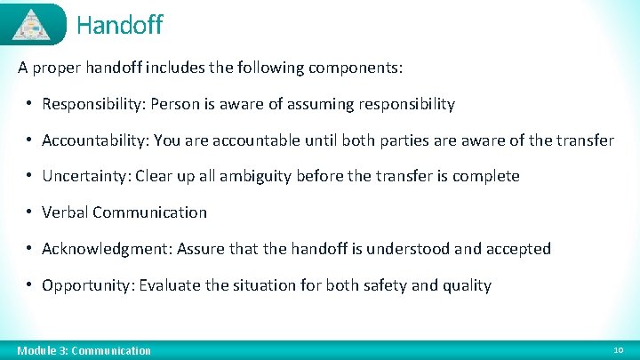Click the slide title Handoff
tap(119, 25)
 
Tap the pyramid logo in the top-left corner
tap(33, 24)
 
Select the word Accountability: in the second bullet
tap(97, 140)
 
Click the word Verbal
tap(65, 212)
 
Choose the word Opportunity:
tap(87, 285)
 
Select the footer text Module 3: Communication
tap(84, 350)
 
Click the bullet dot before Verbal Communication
tap(30, 212)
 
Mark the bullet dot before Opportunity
tap(30, 285)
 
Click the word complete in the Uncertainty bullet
tap(485, 176)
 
